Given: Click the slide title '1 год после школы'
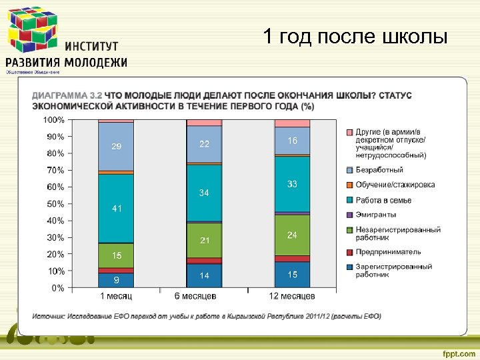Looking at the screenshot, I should click(x=355, y=37).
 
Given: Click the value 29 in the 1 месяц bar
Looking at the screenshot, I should click(x=116, y=146).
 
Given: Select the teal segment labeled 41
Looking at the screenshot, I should click(x=116, y=208).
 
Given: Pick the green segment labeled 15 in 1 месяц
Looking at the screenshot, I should click(x=116, y=255).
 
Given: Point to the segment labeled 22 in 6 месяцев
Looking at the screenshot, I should click(x=204, y=144).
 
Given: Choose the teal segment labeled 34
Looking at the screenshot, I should click(x=204, y=193).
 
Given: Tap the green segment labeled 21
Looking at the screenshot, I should click(x=204, y=240).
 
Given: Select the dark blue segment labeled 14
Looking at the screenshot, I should click(x=204, y=275).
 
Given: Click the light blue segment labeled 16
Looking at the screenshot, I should click(x=292, y=141).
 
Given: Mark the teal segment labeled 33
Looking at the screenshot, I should click(x=292, y=184).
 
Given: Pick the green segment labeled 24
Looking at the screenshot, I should click(x=292, y=235).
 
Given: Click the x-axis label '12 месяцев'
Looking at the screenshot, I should click(x=292, y=296).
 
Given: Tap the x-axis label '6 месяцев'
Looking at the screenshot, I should click(x=204, y=296).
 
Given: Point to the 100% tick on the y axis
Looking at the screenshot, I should click(x=54, y=120).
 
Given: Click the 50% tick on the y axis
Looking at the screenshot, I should click(x=56, y=204).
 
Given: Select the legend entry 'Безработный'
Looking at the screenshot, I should click(x=379, y=170).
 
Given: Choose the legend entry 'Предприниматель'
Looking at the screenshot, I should click(x=387, y=252).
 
